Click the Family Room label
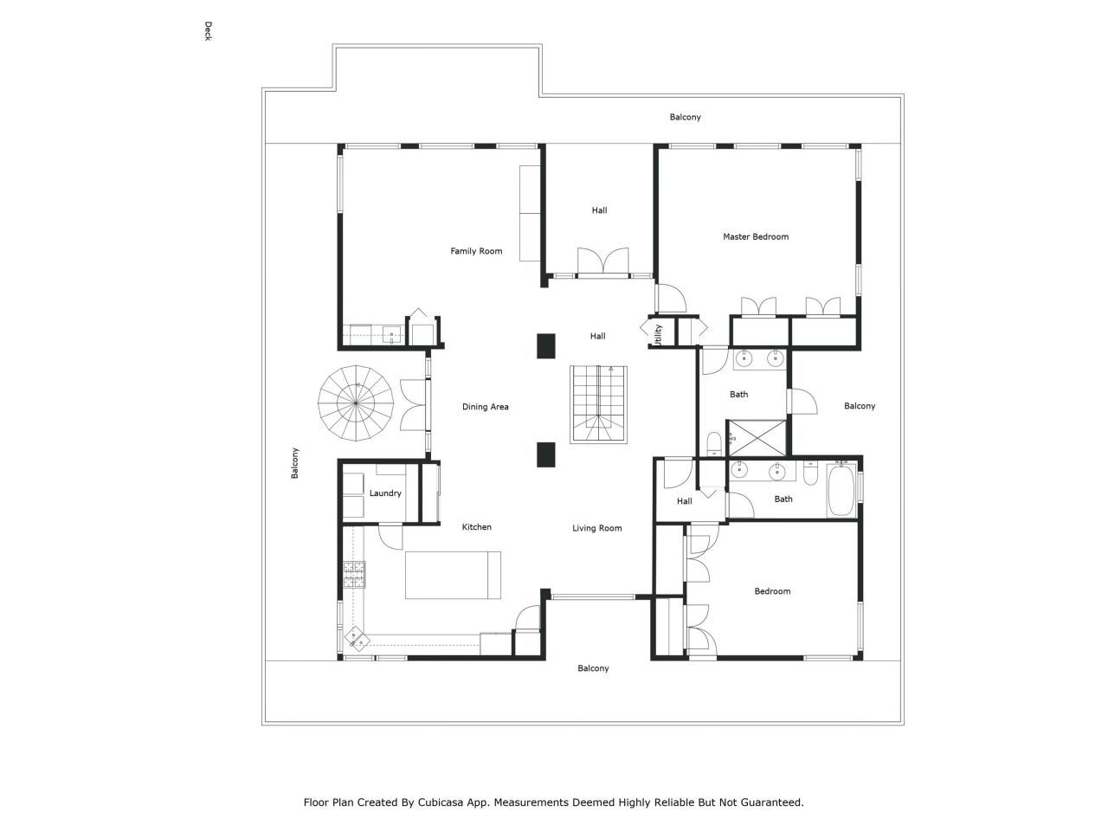point(476,251)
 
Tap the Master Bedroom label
point(756,236)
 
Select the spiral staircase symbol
point(356,403)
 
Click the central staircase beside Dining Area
point(598,404)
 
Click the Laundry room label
point(385,493)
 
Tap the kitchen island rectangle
point(453,575)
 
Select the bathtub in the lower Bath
point(841,492)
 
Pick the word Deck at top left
point(208,31)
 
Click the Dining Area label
point(485,407)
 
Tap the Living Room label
point(596,528)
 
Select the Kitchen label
point(476,527)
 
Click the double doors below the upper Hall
point(603,261)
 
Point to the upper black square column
point(545,345)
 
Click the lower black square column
point(545,455)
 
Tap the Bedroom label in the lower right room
point(772,591)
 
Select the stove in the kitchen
point(355,575)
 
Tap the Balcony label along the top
point(685,117)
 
